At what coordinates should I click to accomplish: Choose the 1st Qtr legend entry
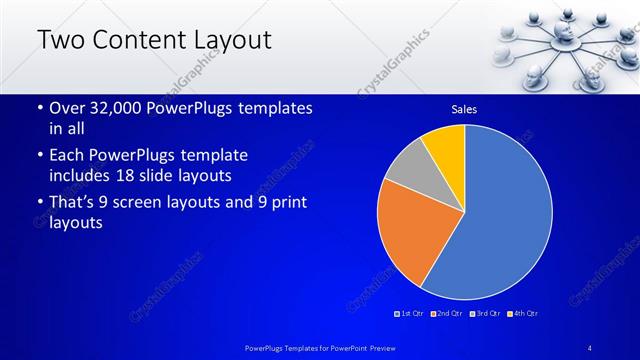click(x=412, y=314)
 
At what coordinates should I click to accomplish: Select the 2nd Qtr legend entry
click(x=447, y=314)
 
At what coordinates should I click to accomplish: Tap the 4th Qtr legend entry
click(x=522, y=314)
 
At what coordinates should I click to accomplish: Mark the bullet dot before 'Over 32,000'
click(x=39, y=108)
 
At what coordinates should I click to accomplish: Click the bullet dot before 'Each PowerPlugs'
click(x=39, y=156)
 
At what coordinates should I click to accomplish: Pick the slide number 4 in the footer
click(x=591, y=347)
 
